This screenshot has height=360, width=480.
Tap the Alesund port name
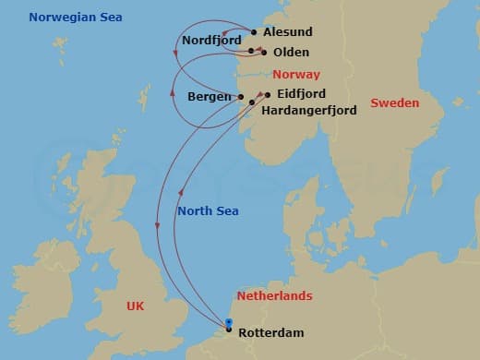click(287, 31)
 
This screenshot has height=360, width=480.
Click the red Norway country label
click(296, 74)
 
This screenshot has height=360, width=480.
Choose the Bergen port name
click(210, 96)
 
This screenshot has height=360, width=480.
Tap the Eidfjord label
click(300, 94)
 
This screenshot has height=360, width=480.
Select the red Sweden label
click(394, 103)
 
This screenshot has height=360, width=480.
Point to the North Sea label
click(208, 211)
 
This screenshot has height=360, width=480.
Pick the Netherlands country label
click(274, 296)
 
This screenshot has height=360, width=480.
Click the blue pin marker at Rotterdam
click(229, 323)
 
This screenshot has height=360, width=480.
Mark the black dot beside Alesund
click(254, 31)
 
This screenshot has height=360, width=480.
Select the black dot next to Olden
click(264, 53)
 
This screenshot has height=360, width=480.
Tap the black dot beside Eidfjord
click(268, 94)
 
